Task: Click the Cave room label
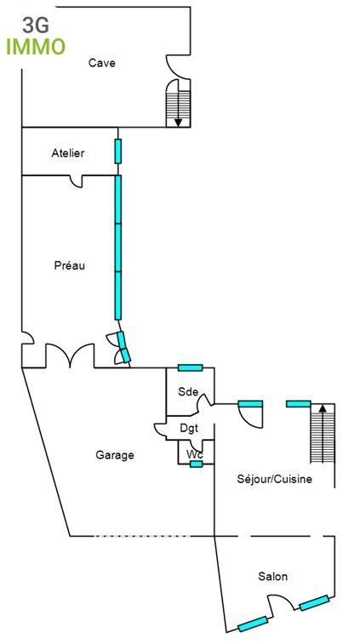(x=101, y=63)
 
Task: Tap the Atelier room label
(x=68, y=153)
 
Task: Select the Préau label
(x=69, y=265)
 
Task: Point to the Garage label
(x=115, y=455)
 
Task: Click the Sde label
(x=188, y=392)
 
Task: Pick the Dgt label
(x=189, y=428)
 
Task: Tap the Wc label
(x=195, y=453)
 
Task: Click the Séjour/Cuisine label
(x=274, y=479)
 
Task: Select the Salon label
(x=273, y=577)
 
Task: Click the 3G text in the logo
(x=37, y=26)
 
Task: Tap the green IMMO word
(x=36, y=47)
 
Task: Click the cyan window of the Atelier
(x=118, y=151)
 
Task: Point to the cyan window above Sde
(x=190, y=368)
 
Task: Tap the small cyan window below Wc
(x=196, y=464)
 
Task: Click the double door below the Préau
(x=69, y=357)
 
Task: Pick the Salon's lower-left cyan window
(x=253, y=624)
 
